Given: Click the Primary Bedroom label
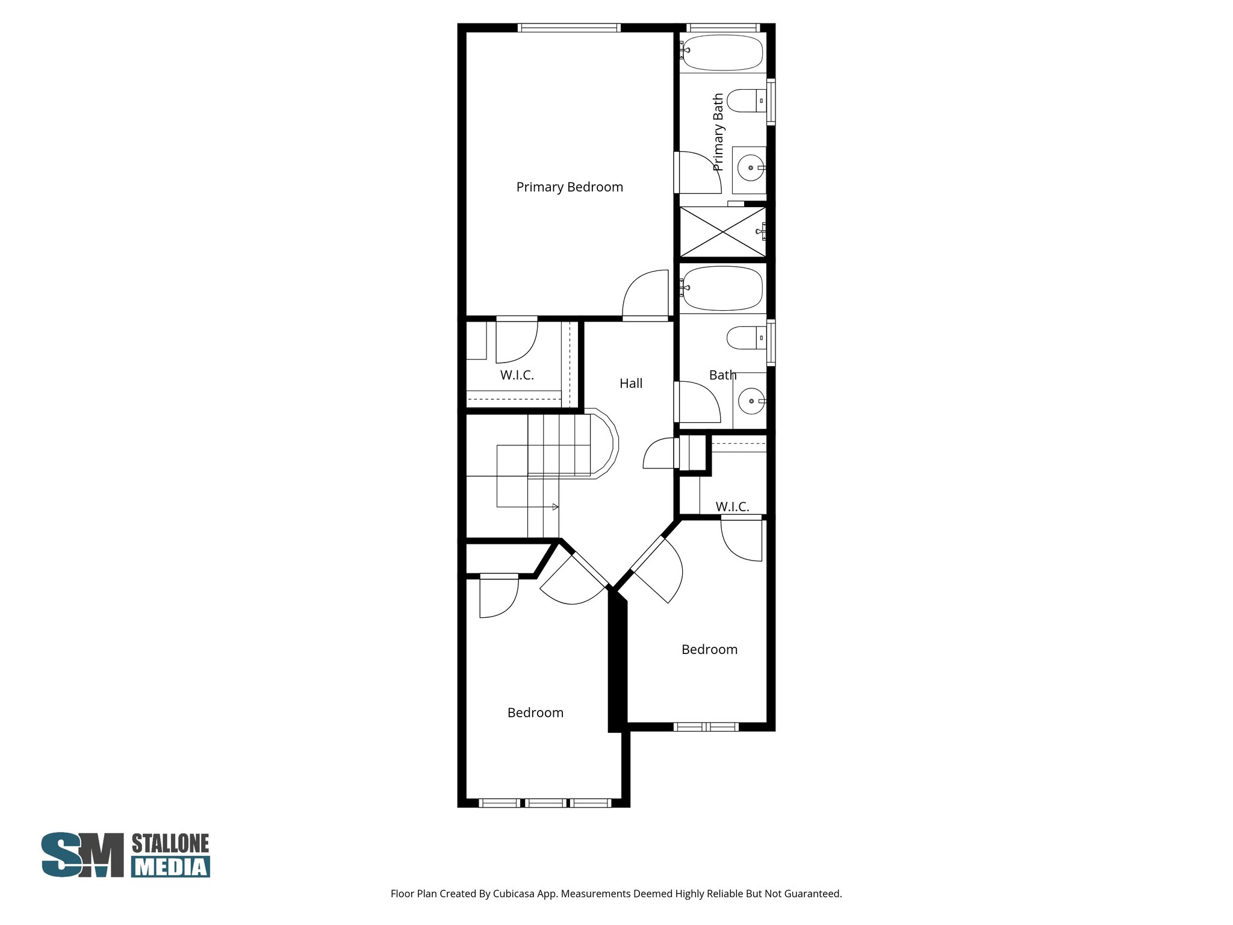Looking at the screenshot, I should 570,187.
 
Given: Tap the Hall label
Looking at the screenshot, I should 631,384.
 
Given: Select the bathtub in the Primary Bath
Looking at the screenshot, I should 722,52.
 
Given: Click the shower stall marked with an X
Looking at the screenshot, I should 722,232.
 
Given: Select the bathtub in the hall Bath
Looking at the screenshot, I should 722,288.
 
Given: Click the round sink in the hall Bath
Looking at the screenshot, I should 751,401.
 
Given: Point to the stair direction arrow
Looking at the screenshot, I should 555,507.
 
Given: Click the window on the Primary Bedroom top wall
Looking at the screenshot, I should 569,28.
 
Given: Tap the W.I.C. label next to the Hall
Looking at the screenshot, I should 517,375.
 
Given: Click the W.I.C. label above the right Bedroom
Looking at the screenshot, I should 732,507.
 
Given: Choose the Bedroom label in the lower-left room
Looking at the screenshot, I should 535,713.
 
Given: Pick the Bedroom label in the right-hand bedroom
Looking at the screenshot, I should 709,650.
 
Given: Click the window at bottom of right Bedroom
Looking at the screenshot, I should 706,727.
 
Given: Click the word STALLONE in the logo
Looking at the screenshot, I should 170,844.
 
